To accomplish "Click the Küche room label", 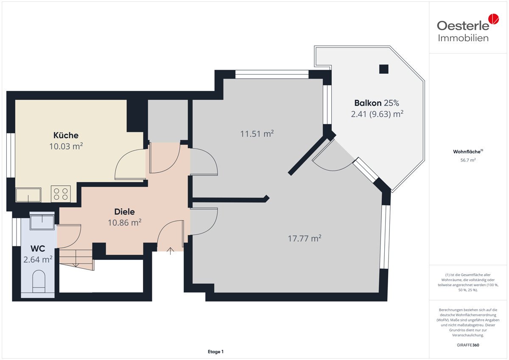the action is tap(66, 135).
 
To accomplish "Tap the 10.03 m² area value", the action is tap(66, 146).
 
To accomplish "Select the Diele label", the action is tap(125, 212).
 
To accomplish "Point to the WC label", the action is tap(38, 249).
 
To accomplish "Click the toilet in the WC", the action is tap(39, 281).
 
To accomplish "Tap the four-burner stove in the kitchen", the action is tap(61, 194).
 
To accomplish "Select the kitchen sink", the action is tap(28, 195).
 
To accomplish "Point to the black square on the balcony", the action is tap(384, 69).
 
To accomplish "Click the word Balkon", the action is tap(368, 103).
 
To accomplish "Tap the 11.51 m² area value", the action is tap(257, 134).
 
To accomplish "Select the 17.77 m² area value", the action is tap(305, 239).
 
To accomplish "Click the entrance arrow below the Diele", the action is tap(171, 251).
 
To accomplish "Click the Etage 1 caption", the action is tap(215, 352).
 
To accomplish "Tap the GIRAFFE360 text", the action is tap(468, 345).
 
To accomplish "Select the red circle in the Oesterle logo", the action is tap(493, 19).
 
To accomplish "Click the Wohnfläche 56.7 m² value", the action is tap(468, 160).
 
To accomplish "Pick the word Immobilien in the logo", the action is tap(463, 38).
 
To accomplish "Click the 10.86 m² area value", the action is tap(125, 222).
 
